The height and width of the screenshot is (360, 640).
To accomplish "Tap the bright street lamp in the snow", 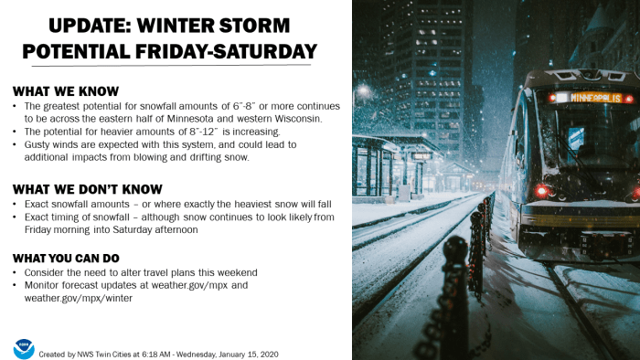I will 365,90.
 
